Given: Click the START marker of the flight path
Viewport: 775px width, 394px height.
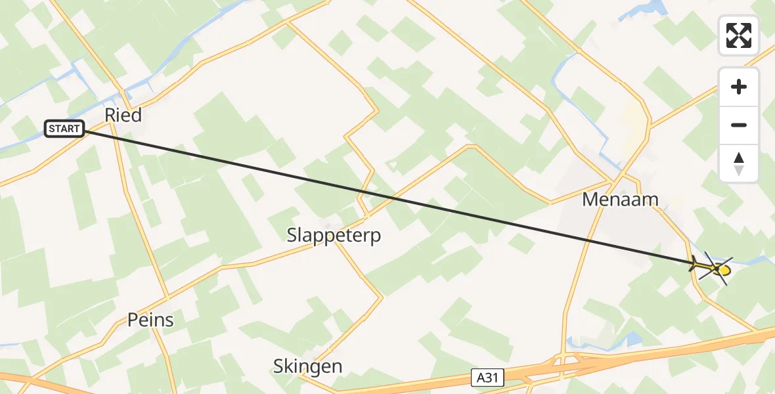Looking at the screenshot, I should coord(64,129).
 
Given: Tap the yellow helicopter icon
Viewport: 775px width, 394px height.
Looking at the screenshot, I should coord(716,269).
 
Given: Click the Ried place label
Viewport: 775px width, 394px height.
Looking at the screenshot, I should coord(123,116).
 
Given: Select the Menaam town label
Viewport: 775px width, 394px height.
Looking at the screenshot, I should coord(620,200).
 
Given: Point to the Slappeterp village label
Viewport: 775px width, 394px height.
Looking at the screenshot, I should coord(334,235).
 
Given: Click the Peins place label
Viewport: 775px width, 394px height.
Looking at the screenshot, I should coord(150,320).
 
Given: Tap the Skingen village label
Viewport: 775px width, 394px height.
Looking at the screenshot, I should coord(307,366).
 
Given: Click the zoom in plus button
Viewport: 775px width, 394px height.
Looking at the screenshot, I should coord(739,87).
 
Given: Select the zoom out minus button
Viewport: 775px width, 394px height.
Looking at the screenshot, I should coord(739,125).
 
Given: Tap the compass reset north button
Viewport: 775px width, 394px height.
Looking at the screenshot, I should coord(739,163).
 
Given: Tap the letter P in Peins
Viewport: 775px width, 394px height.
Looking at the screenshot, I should coord(132,320).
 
